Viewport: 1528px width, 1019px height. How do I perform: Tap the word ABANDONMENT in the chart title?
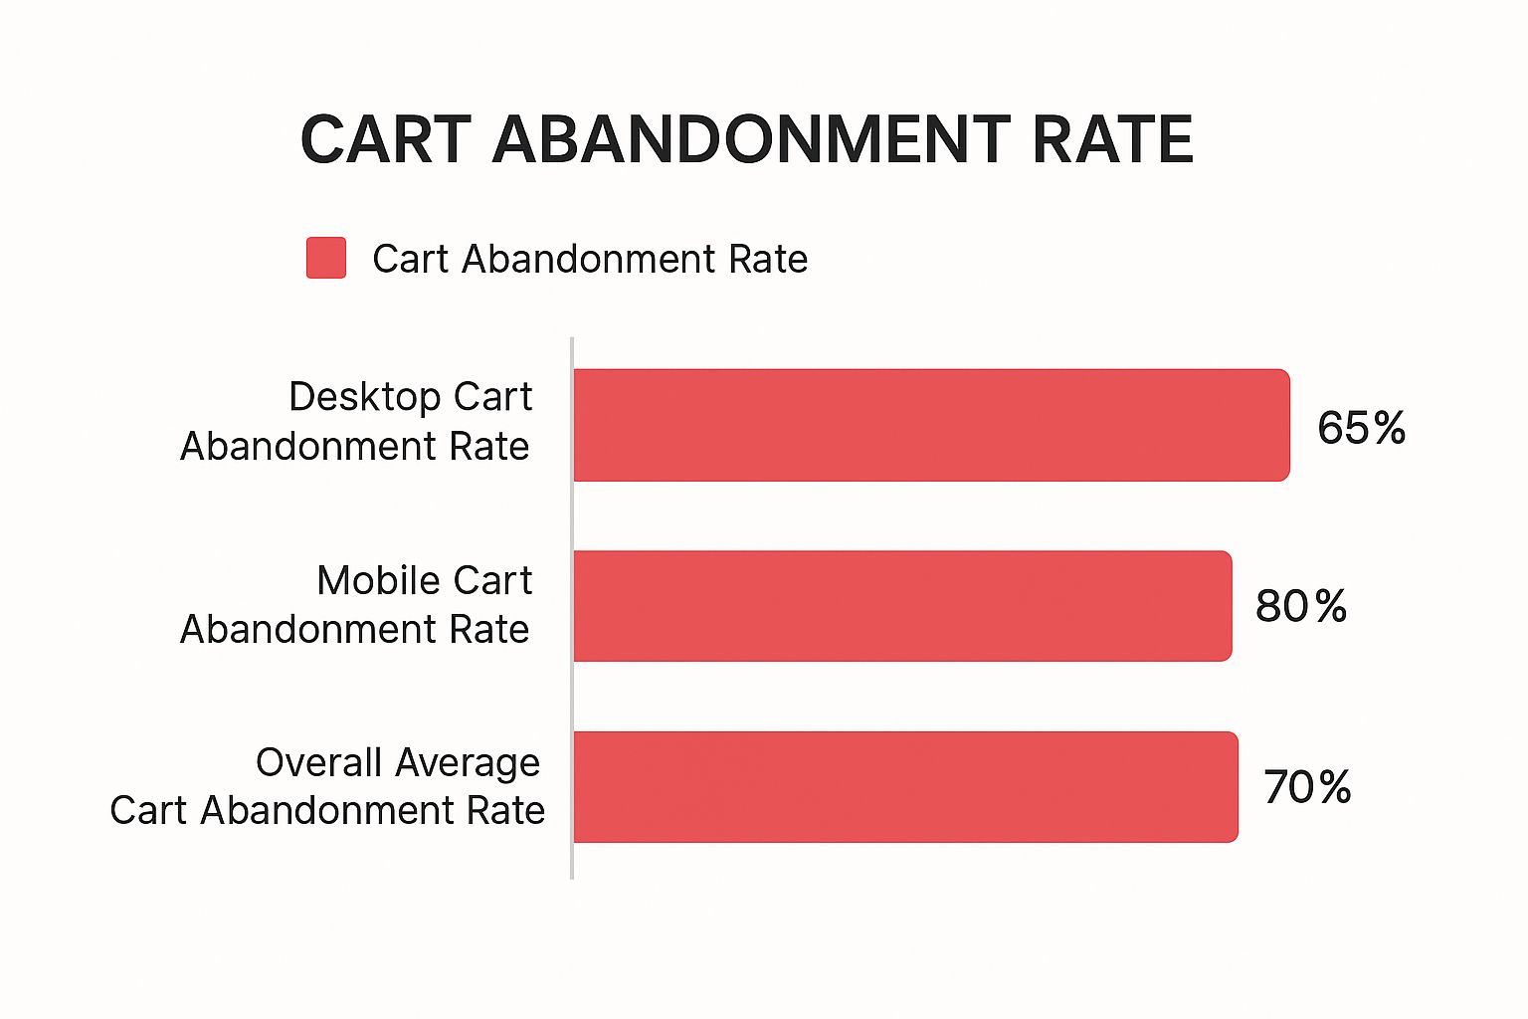[x=751, y=139]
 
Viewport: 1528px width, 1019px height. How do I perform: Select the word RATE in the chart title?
[x=1112, y=139]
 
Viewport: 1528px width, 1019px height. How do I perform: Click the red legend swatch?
[x=326, y=258]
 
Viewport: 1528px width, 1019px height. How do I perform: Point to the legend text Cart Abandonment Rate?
[x=589, y=259]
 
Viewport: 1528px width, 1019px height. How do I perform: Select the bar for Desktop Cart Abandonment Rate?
[x=930, y=425]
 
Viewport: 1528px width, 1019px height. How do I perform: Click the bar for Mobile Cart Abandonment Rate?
[x=901, y=605]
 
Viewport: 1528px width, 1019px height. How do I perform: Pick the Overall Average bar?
[x=904, y=786]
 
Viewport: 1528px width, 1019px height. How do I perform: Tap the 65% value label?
[x=1361, y=428]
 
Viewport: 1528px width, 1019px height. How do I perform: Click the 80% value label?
[x=1300, y=606]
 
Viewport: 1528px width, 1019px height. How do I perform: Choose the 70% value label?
[x=1307, y=787]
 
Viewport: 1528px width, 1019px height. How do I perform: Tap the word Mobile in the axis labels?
[x=380, y=580]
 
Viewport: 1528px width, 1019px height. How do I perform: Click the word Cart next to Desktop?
[x=493, y=397]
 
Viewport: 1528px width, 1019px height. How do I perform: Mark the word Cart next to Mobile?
[x=493, y=580]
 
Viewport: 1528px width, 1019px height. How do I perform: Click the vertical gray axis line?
[x=572, y=607]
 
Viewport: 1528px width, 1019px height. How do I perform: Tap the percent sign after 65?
[x=1389, y=428]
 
